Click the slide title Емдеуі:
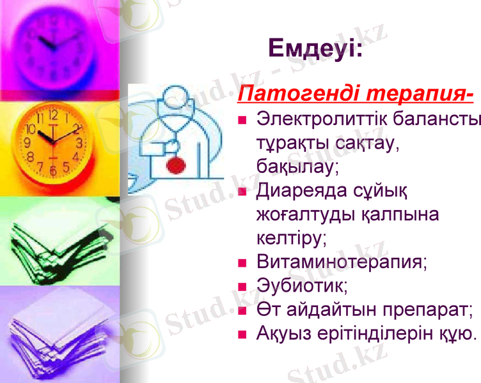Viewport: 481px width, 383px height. click(x=315, y=49)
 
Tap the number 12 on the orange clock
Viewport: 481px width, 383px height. click(x=53, y=116)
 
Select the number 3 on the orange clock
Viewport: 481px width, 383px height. click(x=79, y=143)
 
